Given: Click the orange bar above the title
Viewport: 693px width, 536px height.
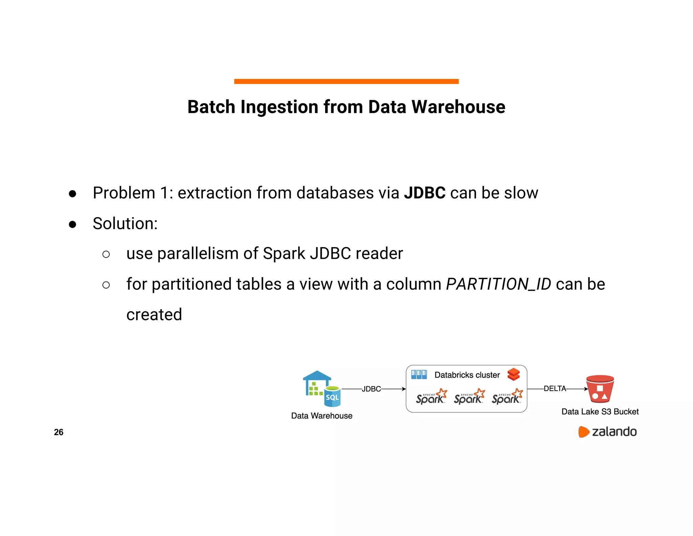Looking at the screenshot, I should pyautogui.click(x=346, y=81).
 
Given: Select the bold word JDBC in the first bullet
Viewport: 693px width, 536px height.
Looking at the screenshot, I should pyautogui.click(x=425, y=193).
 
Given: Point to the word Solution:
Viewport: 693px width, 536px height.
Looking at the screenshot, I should pyautogui.click(x=125, y=224).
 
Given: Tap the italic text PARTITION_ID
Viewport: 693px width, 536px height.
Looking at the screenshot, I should pyautogui.click(x=498, y=284).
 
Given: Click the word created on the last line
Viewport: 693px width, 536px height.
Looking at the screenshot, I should pyautogui.click(x=154, y=314).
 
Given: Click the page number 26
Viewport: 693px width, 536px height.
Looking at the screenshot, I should pyautogui.click(x=59, y=432).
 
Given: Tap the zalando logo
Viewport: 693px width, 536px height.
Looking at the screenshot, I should pyautogui.click(x=607, y=432).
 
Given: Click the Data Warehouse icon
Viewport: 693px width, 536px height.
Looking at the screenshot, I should pyautogui.click(x=321, y=389).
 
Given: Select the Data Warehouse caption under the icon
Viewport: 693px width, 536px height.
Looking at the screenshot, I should pyautogui.click(x=321, y=416).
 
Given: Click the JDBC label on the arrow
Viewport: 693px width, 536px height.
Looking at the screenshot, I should pyautogui.click(x=371, y=389).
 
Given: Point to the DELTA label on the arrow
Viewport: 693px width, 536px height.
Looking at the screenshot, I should pyautogui.click(x=555, y=389).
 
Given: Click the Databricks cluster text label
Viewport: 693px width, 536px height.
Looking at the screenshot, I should pyautogui.click(x=467, y=375).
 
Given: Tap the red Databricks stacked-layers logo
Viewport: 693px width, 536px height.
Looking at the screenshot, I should pyautogui.click(x=513, y=374).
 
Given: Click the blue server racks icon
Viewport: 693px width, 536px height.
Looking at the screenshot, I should pyautogui.click(x=419, y=374).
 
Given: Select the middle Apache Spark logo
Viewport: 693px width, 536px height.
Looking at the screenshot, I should pyautogui.click(x=469, y=397).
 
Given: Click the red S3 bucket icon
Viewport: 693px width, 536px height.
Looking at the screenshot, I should pyautogui.click(x=600, y=389).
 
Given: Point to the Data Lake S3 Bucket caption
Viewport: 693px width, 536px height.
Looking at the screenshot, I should pyautogui.click(x=600, y=412).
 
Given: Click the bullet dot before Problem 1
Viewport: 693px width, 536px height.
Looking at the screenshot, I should pyautogui.click(x=72, y=194).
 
